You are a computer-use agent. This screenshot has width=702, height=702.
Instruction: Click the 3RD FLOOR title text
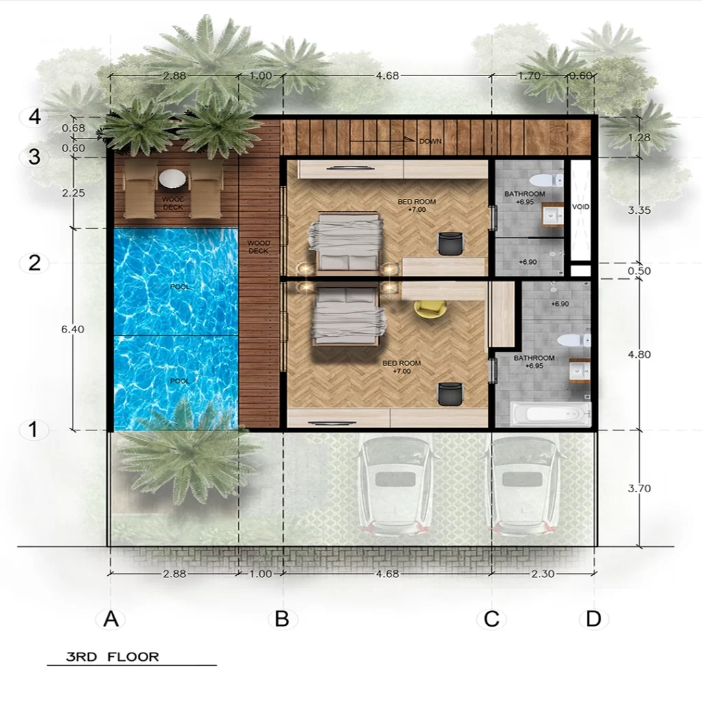(112, 657)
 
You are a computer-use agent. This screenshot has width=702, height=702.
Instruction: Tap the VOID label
(581, 206)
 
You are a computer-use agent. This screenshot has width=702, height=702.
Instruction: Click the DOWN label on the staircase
(431, 141)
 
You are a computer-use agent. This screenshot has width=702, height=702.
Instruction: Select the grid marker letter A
(111, 619)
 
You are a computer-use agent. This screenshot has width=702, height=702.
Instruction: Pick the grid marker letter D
(593, 619)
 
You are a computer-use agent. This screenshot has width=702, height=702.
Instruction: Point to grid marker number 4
(34, 117)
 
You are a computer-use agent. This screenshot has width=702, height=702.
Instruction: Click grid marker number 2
(34, 263)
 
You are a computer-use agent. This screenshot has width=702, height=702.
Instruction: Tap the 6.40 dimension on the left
(72, 329)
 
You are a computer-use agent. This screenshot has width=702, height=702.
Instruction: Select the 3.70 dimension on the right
(640, 489)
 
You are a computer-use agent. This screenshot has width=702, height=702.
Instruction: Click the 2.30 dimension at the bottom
(542, 574)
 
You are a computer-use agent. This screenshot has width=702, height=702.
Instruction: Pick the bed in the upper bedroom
(346, 241)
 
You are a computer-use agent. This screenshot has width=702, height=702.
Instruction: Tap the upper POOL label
(180, 287)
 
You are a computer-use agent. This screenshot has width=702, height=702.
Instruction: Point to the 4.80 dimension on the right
(639, 354)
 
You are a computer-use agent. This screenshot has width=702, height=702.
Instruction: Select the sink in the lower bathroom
(579, 370)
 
